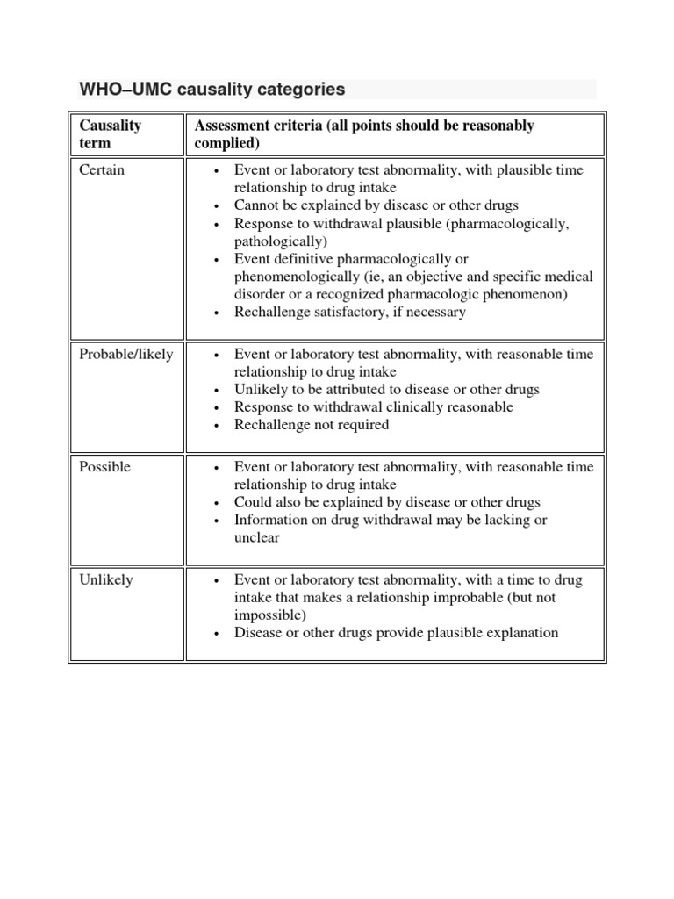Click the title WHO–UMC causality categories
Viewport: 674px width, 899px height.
pos(212,90)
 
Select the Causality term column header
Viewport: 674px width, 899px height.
pos(111,133)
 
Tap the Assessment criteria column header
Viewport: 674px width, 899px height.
pos(363,133)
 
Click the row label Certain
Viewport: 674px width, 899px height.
pos(102,170)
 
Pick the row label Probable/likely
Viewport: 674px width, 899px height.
pos(126,355)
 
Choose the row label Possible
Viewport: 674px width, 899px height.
pos(104,467)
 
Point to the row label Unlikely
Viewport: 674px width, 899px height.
pos(105,580)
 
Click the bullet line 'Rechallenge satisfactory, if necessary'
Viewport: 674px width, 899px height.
pos(349,312)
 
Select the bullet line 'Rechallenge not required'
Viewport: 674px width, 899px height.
pos(311,425)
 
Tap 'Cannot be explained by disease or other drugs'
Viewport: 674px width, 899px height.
pos(376,205)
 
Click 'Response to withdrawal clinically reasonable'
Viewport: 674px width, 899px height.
pos(373,407)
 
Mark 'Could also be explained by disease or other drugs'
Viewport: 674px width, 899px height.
pos(386,502)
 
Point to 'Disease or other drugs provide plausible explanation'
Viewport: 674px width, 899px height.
pos(396,633)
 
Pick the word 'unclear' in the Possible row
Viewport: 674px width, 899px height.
pos(256,537)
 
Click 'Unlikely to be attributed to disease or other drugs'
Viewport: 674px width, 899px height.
pos(386,389)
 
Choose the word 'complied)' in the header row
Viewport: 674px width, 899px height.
pos(226,143)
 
